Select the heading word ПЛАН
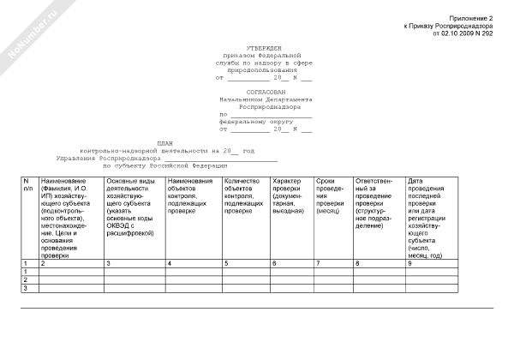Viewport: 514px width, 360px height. (x=164, y=143)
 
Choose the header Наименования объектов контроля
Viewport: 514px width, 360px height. (x=192, y=193)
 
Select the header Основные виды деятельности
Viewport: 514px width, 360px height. (x=132, y=204)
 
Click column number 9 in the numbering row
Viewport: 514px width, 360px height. (x=410, y=262)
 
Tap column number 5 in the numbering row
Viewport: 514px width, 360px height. (x=225, y=262)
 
